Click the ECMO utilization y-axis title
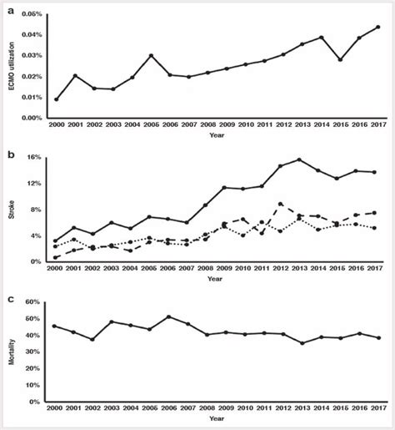coord(12,67)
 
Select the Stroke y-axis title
coord(12,210)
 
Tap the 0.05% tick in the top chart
coord(32,15)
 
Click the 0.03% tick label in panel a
coord(32,56)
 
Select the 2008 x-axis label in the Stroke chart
coord(206,271)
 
